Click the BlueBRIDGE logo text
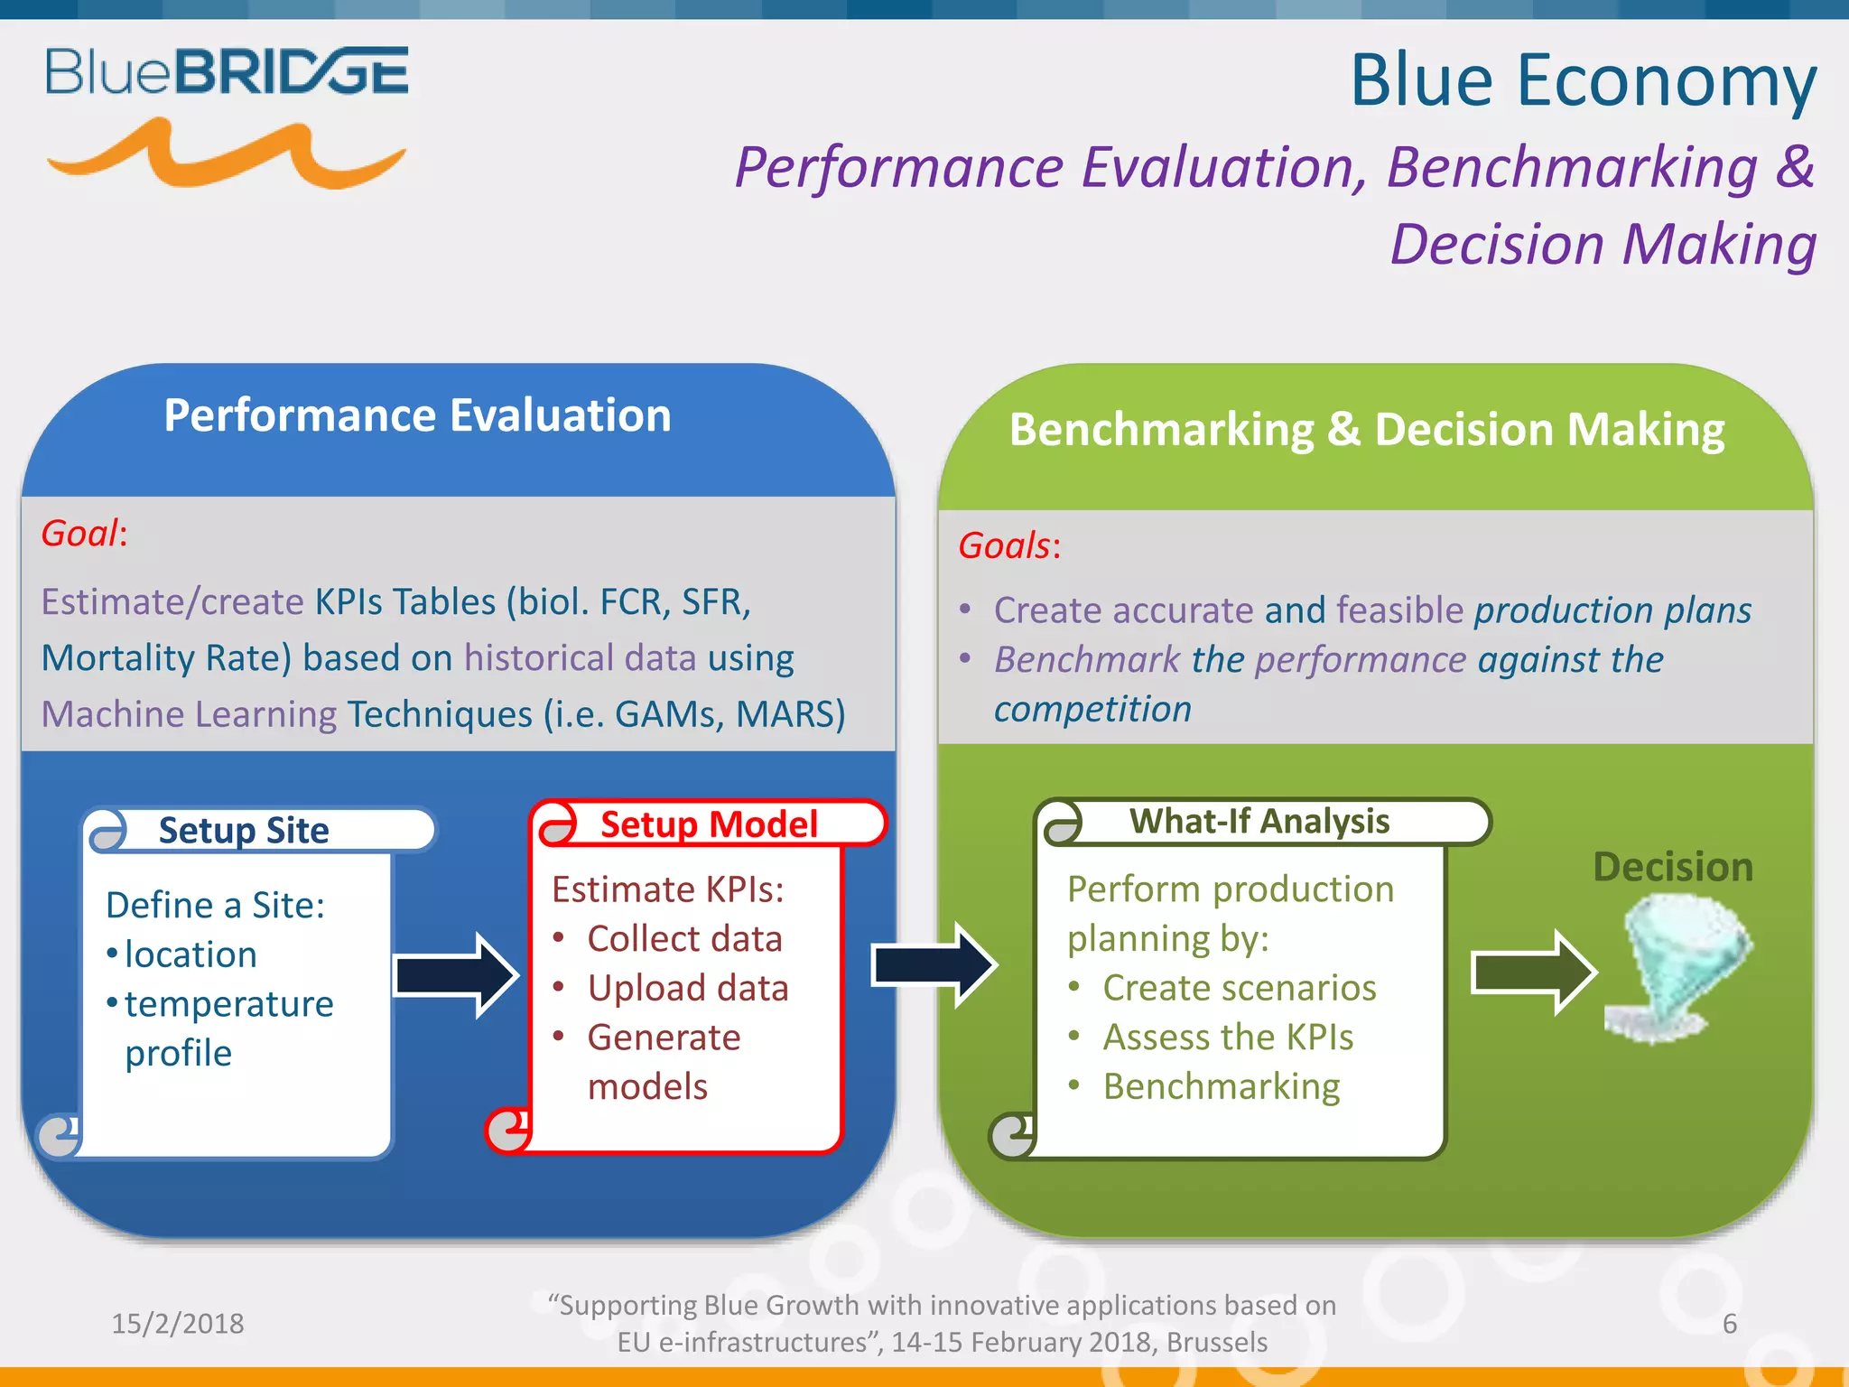[x=227, y=72]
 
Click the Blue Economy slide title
[x=1582, y=81]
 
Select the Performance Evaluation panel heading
[x=417, y=416]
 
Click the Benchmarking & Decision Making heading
[x=1366, y=430]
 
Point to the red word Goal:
[x=84, y=534]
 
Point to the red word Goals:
[x=1008, y=546]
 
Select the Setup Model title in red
[x=709, y=824]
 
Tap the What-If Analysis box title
[x=1259, y=822]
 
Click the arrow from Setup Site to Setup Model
[x=457, y=976]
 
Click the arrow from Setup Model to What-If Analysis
[x=934, y=965]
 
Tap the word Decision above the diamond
[x=1673, y=868]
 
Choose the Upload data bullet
[x=688, y=989]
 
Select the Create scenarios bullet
[x=1239, y=989]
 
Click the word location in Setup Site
[x=190, y=955]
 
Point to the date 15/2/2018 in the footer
[x=178, y=1324]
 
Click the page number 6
[x=1729, y=1324]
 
